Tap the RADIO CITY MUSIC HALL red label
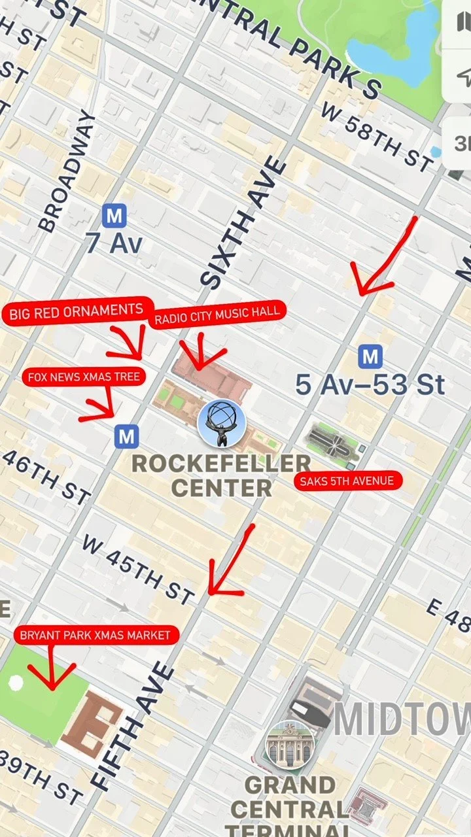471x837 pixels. (x=218, y=314)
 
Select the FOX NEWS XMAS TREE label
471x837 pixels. (x=84, y=377)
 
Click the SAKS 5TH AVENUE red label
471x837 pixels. (x=347, y=481)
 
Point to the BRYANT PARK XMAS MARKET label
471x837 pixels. (x=96, y=635)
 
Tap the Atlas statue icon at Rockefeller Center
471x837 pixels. (x=221, y=424)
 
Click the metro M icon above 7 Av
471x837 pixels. (x=114, y=215)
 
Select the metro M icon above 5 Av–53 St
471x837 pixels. (x=370, y=357)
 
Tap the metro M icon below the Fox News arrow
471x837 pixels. (x=126, y=436)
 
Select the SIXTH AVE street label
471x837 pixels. (x=245, y=222)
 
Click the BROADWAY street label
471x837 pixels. (x=67, y=171)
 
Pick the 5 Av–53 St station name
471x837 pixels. (x=370, y=385)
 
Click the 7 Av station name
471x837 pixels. (x=114, y=243)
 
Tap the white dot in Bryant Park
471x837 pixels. (x=16, y=683)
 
